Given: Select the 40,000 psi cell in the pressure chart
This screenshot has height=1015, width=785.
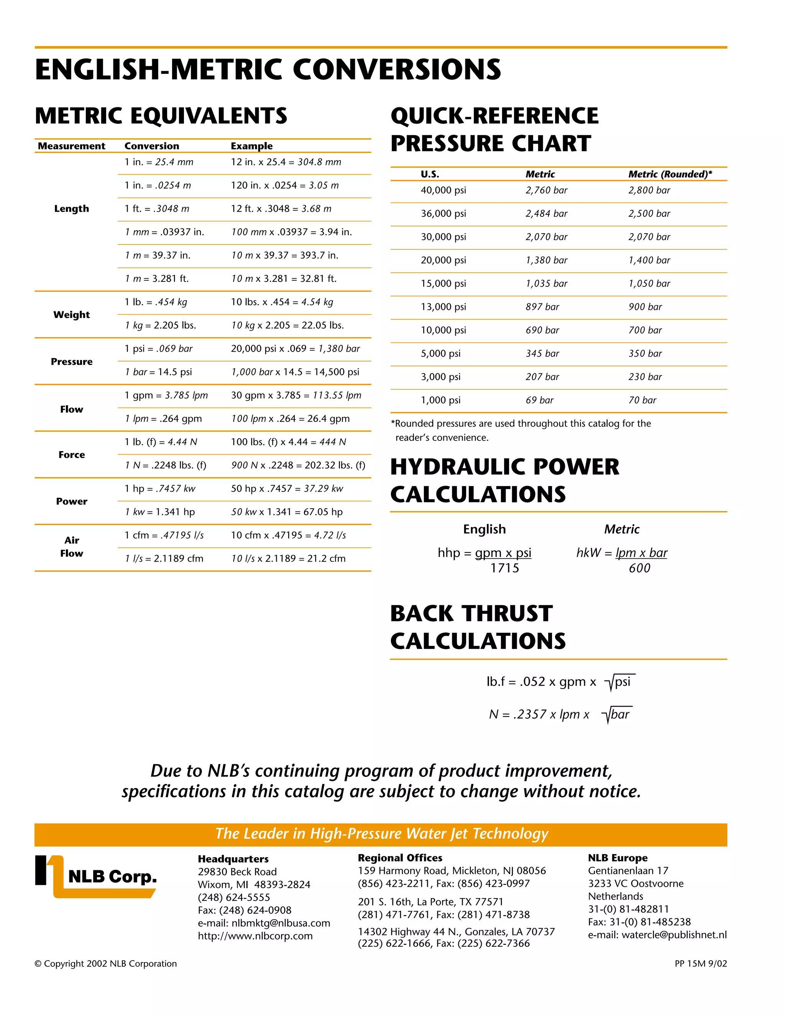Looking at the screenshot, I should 443,190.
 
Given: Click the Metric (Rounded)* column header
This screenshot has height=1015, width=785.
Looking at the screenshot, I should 670,174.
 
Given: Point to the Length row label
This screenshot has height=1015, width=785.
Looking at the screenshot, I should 71,209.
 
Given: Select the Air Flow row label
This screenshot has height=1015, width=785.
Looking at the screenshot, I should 71,547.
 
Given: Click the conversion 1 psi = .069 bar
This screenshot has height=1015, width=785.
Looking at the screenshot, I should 158,349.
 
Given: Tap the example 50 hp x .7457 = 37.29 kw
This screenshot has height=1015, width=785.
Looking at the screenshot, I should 287,488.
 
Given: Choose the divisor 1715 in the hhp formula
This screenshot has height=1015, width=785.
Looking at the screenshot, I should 504,568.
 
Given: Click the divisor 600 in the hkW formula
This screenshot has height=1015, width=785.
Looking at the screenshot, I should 639,568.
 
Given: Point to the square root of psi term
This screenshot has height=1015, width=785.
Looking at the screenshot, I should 619,682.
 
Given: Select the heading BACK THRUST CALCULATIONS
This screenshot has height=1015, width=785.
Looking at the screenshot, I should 478,627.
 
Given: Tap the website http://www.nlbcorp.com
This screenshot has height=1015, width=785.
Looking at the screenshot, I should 255,936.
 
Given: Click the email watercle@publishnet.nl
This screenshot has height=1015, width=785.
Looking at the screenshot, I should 657,935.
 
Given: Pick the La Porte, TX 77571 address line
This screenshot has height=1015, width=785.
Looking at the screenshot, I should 430,902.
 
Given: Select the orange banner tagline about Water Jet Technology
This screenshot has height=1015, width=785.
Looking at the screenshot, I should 381,833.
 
